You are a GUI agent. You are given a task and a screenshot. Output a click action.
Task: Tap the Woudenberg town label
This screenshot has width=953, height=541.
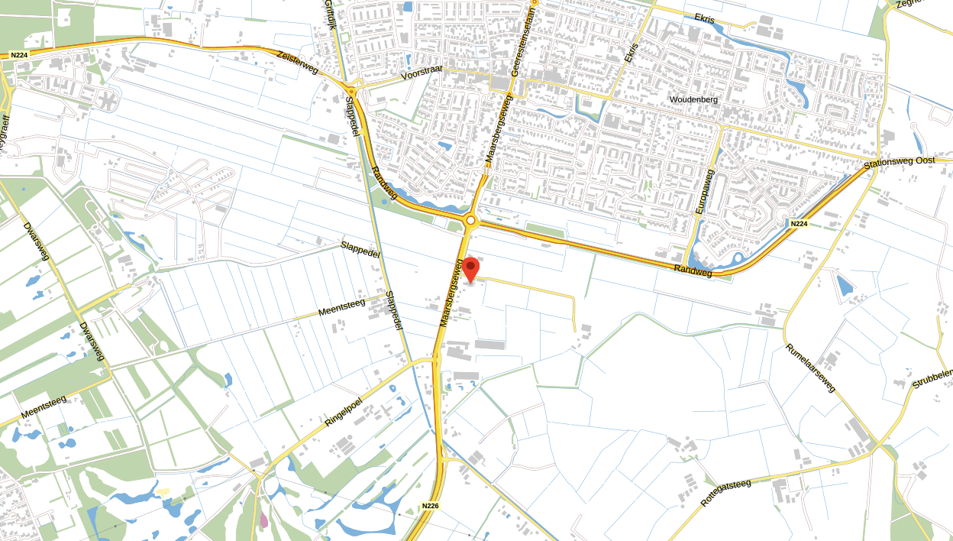694,100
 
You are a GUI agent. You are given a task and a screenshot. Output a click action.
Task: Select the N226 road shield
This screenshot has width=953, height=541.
430,506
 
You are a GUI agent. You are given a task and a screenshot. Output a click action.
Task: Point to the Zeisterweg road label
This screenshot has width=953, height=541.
298,63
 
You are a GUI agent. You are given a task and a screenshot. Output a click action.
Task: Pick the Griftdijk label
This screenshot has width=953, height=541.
330,13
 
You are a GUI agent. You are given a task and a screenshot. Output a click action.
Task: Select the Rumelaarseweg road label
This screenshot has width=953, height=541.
810,368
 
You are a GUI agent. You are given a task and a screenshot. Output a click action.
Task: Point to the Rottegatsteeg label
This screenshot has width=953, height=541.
725,494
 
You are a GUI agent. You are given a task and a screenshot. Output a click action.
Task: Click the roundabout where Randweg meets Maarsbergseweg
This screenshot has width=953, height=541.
470,222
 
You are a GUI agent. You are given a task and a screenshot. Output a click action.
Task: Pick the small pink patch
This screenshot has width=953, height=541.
263,520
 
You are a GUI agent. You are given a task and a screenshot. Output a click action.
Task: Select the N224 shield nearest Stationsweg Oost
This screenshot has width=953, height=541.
798,224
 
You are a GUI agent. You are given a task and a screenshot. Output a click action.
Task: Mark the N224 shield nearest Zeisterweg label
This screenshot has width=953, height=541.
19,55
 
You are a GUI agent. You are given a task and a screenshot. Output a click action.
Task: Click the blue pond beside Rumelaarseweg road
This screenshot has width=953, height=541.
844,287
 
